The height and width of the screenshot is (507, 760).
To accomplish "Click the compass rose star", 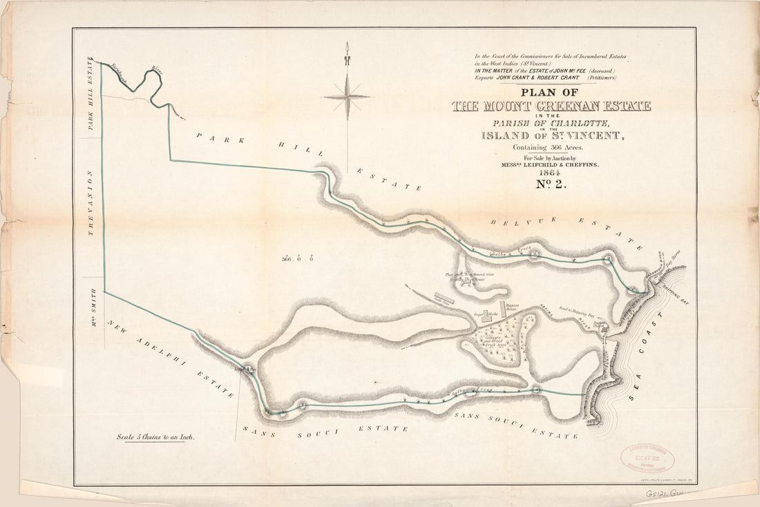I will (348, 96).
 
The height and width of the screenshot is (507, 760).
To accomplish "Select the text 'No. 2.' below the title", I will (551, 184).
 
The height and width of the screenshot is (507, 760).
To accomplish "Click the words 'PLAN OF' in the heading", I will (551, 93).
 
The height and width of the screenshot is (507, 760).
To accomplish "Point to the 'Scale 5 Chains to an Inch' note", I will (155, 437).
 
